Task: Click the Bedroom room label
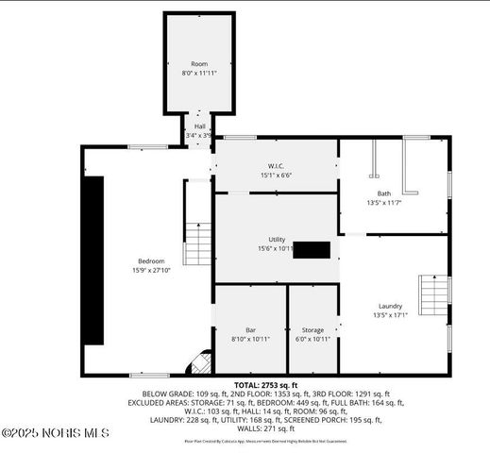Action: pos(151,260)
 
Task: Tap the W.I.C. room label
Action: pos(276,166)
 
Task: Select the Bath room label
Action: pos(383,193)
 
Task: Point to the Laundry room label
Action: pos(390,306)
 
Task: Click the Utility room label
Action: pos(277,240)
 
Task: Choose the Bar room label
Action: pos(250,329)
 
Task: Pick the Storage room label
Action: pos(313,329)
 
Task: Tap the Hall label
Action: pos(199,126)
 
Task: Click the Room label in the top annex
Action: pos(199,63)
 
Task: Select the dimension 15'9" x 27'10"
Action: pos(151,271)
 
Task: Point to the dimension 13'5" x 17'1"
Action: pos(390,315)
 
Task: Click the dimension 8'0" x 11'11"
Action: pos(199,73)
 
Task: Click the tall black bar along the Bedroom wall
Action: pos(93,260)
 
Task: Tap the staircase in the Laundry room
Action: pos(435,297)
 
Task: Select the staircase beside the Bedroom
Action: pos(197,243)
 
